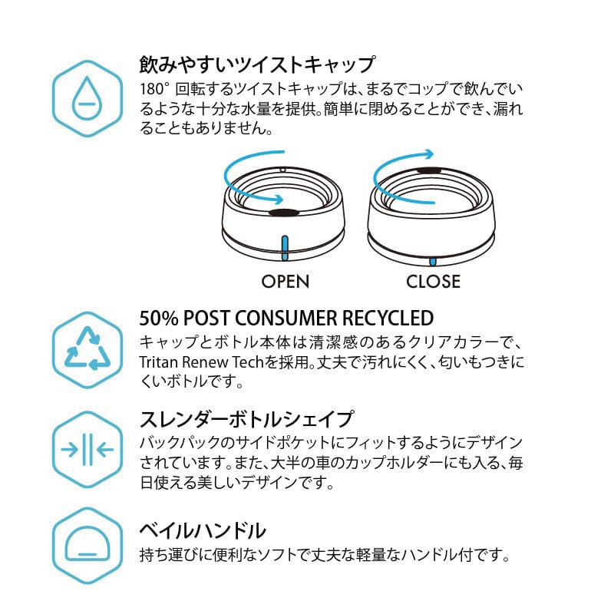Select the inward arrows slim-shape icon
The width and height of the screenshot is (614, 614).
click(x=87, y=449)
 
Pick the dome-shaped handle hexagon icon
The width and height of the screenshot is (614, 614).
click(x=87, y=546)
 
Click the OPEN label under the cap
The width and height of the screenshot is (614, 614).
click(x=286, y=282)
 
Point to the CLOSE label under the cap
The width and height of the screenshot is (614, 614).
click(x=433, y=282)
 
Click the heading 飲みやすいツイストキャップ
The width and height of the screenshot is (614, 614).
click(x=256, y=63)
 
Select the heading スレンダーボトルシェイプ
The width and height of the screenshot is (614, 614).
click(x=246, y=420)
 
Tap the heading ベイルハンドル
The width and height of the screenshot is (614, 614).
click(x=202, y=530)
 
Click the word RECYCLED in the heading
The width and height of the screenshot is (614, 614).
click(x=388, y=318)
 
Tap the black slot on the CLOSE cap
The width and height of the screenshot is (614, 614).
click(x=429, y=170)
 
